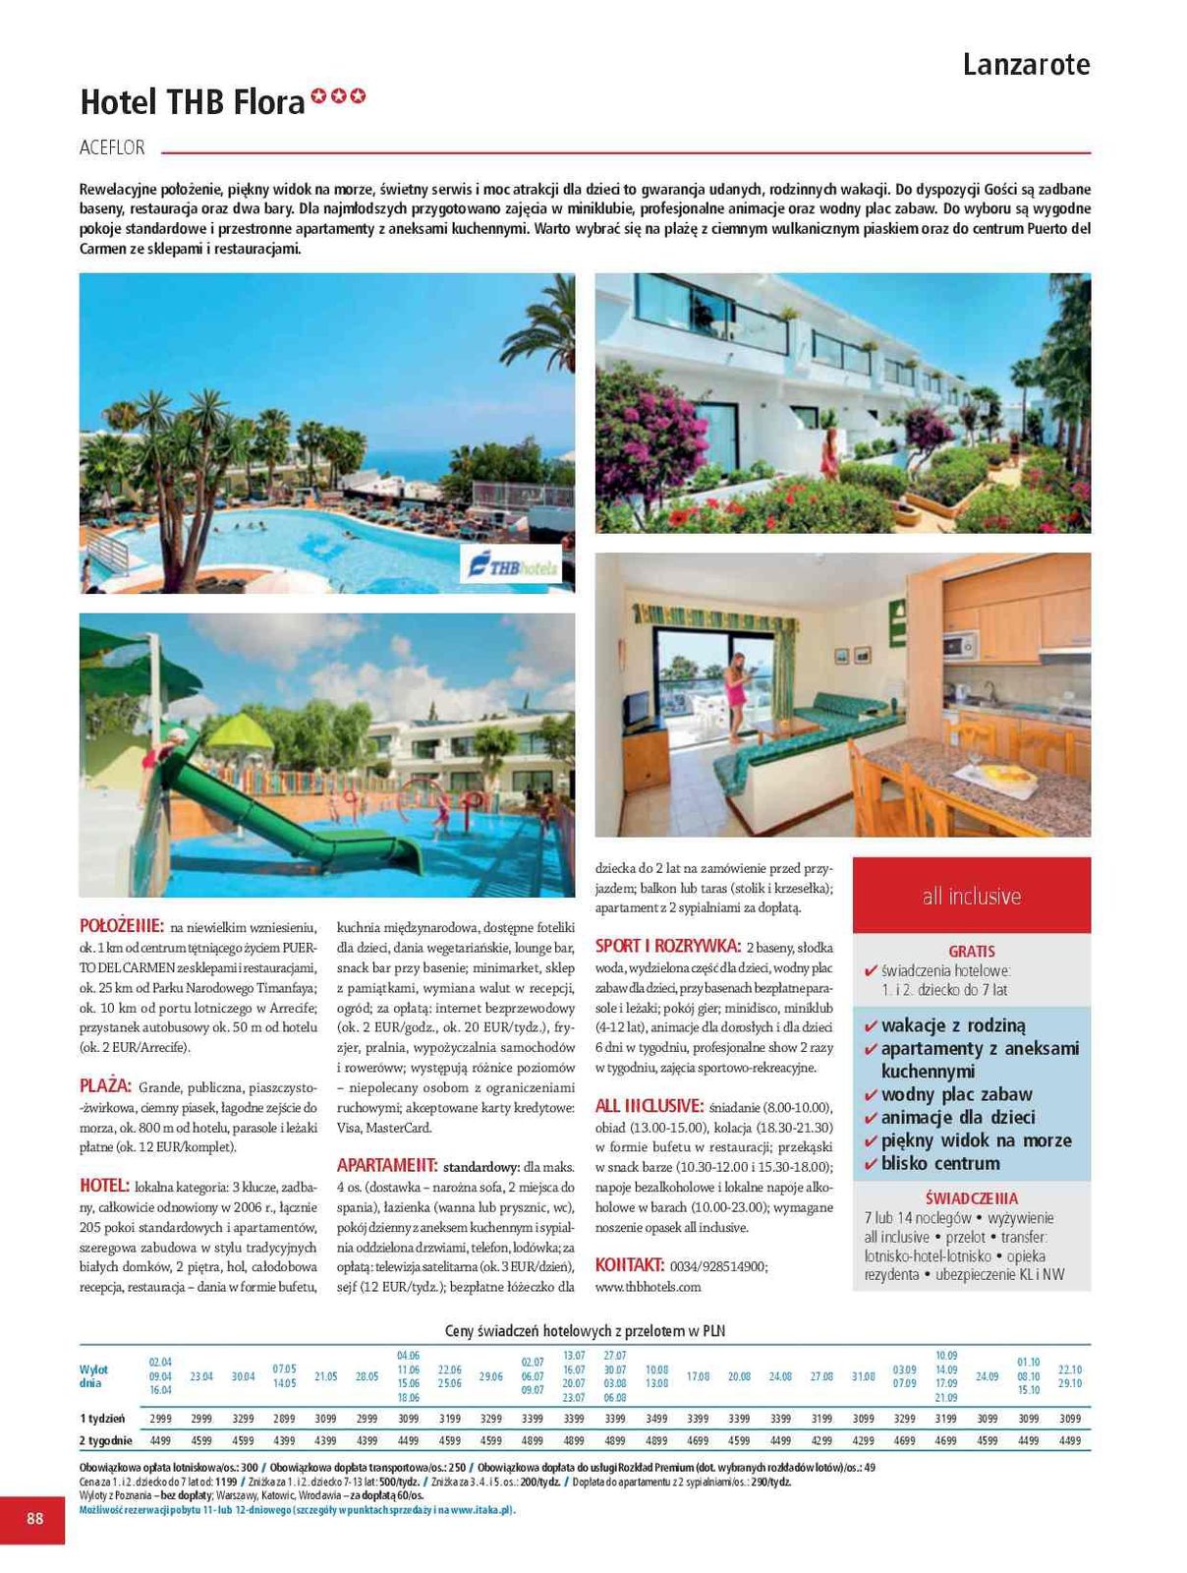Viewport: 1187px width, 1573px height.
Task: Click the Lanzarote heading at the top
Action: tap(1026, 65)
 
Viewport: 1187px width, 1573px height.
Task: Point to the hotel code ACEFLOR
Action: tap(112, 148)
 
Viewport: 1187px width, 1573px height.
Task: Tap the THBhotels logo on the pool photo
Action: tap(511, 565)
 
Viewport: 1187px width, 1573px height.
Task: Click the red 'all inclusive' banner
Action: tap(971, 896)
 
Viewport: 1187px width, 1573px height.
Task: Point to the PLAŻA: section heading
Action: tap(105, 1086)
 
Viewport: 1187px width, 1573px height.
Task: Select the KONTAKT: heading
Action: tap(630, 1265)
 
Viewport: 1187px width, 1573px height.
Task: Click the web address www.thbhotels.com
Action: tap(648, 1287)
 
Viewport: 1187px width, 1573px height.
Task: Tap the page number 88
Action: tap(34, 1518)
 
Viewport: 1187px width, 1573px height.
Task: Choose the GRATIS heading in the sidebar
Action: tap(971, 952)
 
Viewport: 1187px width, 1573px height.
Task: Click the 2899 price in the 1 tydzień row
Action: tap(284, 1419)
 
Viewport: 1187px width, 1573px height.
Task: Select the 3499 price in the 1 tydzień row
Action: tap(656, 1419)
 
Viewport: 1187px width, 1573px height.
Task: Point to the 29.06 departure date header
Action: tap(490, 1376)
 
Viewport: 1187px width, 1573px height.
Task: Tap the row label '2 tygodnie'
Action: tap(106, 1440)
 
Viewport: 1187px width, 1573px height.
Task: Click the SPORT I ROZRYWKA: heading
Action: tap(667, 947)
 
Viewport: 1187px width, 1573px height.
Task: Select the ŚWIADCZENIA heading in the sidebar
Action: tap(971, 1198)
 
